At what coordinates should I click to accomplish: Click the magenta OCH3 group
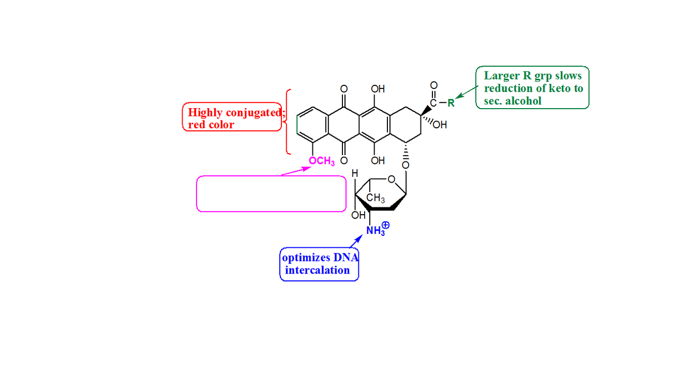click(322, 161)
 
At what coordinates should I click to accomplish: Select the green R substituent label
click(451, 102)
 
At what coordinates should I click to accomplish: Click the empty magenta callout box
click(271, 193)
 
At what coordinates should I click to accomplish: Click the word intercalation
click(318, 270)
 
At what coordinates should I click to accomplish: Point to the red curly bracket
click(288, 122)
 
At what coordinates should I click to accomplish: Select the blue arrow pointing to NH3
click(356, 241)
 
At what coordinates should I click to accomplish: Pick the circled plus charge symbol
click(385, 226)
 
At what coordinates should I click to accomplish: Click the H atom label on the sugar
click(355, 174)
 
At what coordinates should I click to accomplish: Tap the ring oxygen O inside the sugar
click(392, 180)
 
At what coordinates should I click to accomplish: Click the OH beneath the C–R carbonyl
click(441, 125)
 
